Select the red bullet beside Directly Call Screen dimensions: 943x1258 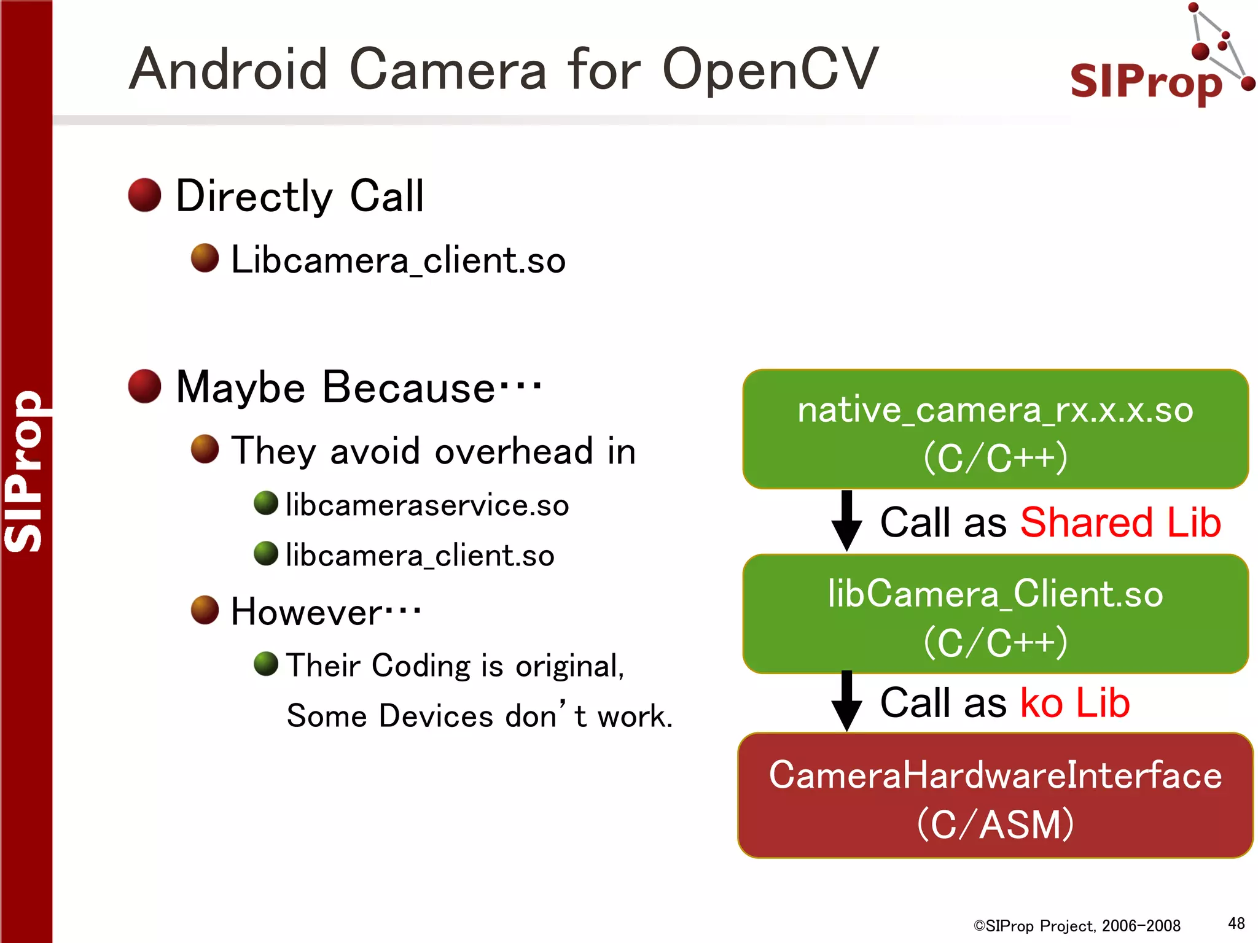[x=144, y=195]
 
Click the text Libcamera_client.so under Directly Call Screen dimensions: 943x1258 [x=398, y=260]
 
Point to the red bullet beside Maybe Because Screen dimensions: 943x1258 [x=144, y=387]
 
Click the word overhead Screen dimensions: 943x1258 [x=514, y=451]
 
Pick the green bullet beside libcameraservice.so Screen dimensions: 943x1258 [x=266, y=503]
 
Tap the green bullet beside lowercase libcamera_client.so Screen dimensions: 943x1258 [x=266, y=554]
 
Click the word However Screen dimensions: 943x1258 [x=307, y=612]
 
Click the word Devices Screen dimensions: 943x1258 [x=436, y=716]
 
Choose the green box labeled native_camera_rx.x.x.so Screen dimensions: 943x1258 [x=995, y=429]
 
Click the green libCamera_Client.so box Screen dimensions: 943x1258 [x=995, y=614]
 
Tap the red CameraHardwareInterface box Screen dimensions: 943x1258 [x=995, y=796]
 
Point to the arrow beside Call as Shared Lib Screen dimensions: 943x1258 [x=846, y=521]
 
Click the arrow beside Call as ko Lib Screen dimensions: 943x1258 [x=846, y=701]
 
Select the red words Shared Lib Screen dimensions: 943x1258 [x=1120, y=523]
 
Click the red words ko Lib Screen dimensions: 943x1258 [x=1075, y=703]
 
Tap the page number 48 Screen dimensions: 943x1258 [x=1236, y=923]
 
